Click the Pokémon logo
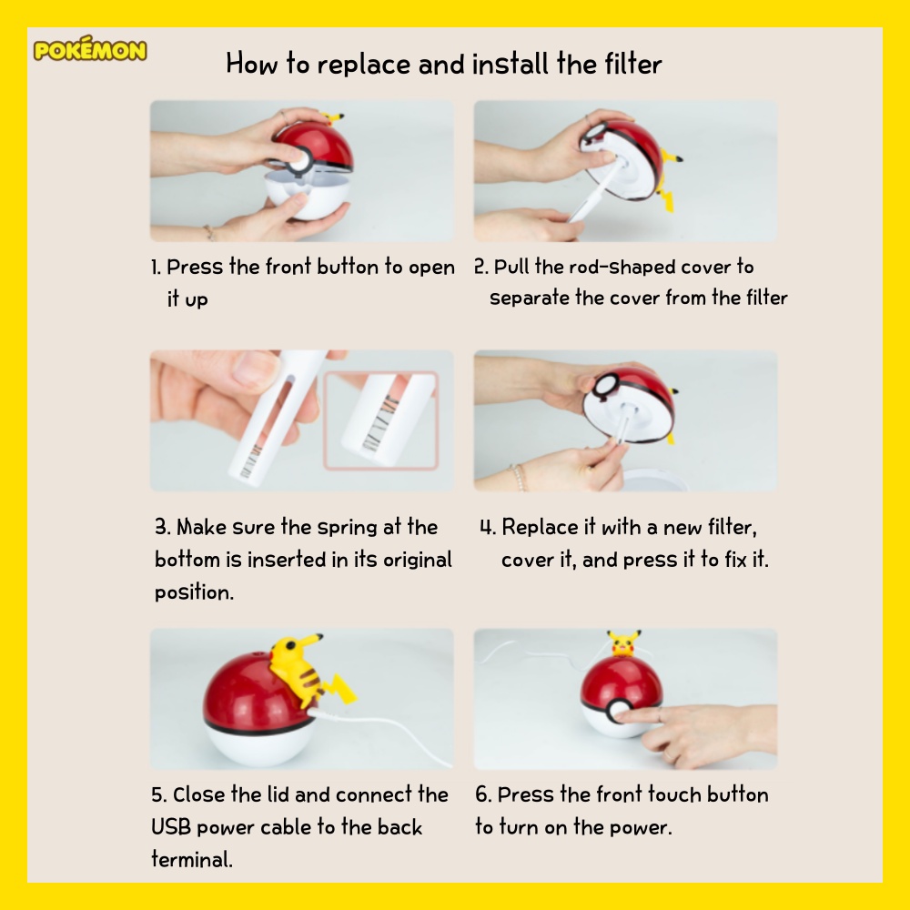90,49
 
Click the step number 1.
155,268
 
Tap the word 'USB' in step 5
171,827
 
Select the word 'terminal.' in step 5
192,859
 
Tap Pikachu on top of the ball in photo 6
624,643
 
